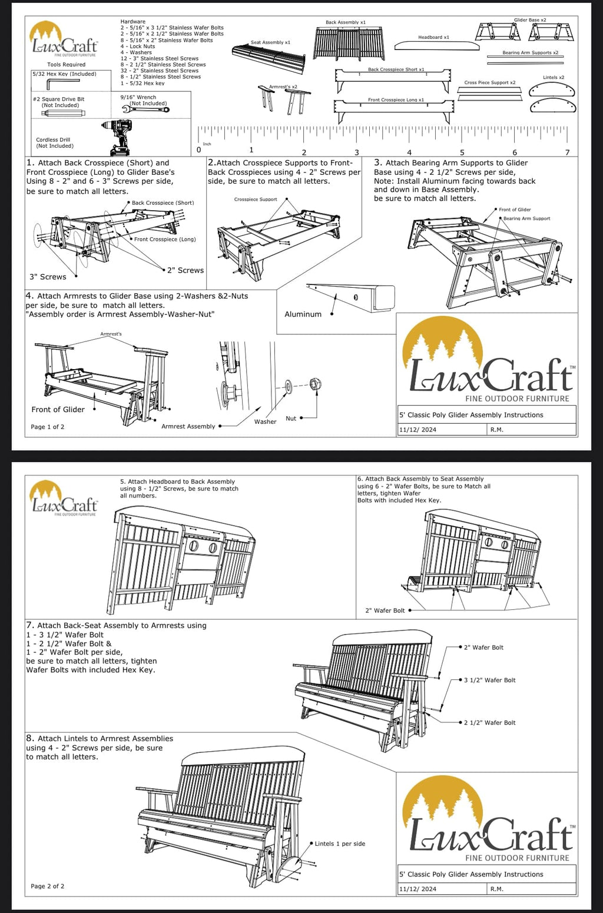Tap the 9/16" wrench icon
(145, 109)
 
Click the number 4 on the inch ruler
(409, 152)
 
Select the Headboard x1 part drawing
(434, 46)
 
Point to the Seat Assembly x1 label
(270, 42)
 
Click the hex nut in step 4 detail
(314, 384)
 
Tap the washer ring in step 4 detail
(288, 387)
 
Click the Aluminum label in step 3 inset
(303, 314)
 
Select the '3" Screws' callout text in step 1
(48, 277)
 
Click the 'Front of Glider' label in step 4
(58, 410)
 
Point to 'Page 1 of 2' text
(48, 427)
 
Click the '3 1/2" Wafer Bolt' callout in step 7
(489, 680)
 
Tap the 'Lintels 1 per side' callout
(340, 844)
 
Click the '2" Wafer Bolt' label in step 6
(385, 610)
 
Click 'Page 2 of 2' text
(48, 886)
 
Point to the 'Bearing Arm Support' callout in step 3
(526, 218)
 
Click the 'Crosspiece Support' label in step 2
(256, 200)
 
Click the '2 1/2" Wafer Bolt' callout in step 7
(489, 722)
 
